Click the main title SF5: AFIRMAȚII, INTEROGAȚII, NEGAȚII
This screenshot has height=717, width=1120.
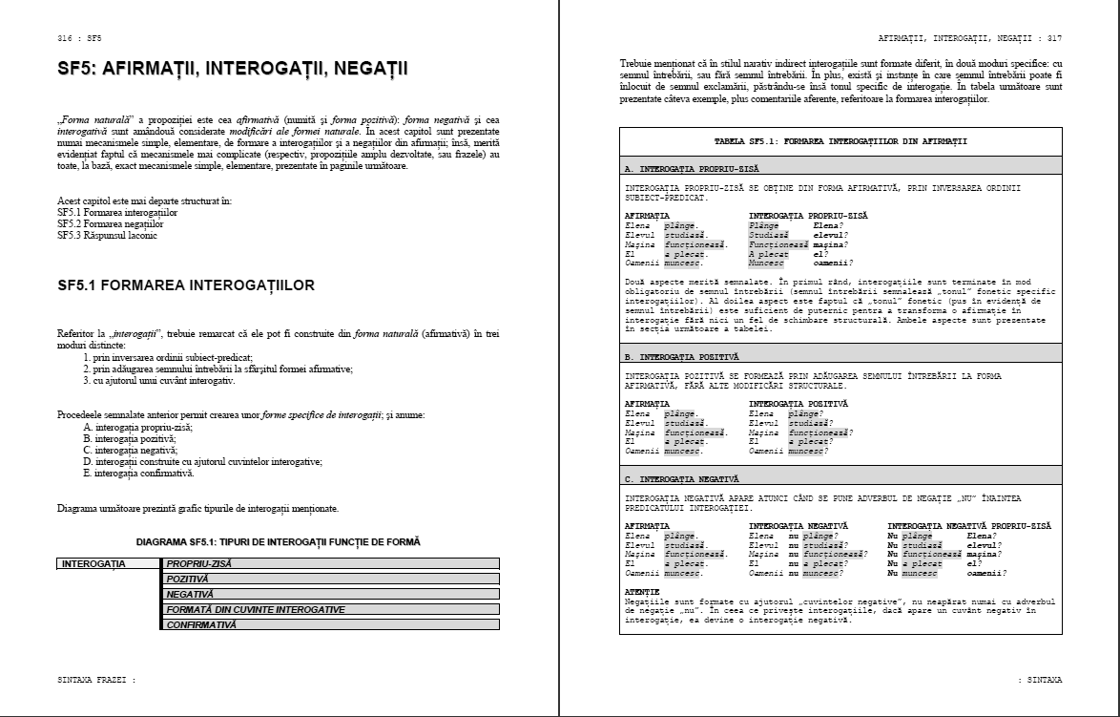pos(232,69)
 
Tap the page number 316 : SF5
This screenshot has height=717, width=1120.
pos(79,38)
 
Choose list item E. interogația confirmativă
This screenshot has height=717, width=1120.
pos(138,474)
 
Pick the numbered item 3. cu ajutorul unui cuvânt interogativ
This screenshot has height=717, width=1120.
pos(158,380)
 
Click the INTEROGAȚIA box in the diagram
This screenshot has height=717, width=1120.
pos(93,563)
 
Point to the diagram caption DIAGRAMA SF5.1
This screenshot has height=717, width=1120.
pos(278,541)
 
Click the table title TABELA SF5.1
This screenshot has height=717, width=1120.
pos(840,140)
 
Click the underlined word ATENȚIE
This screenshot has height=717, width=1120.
pos(641,592)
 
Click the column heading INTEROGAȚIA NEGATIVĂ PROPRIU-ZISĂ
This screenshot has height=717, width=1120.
pos(969,525)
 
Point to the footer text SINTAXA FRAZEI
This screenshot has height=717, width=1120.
pos(95,680)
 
